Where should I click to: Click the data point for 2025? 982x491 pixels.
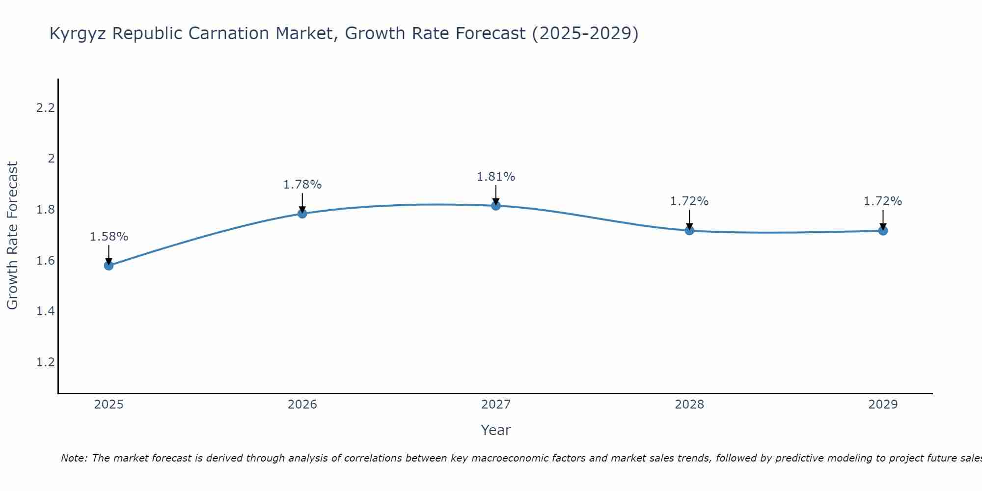(x=109, y=266)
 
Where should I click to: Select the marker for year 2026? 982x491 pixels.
(x=302, y=214)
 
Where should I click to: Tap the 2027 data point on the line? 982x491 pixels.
(x=496, y=206)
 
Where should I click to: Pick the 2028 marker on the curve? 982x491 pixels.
(x=689, y=230)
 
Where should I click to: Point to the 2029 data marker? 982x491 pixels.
(x=883, y=230)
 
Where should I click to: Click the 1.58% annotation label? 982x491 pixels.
(x=109, y=237)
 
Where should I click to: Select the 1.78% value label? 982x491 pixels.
(x=302, y=185)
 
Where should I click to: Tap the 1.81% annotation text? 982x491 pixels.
(x=496, y=177)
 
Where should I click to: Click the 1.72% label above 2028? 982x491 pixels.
(x=689, y=201)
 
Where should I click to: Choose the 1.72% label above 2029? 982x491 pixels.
(x=883, y=201)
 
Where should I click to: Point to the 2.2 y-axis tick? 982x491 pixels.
(x=46, y=108)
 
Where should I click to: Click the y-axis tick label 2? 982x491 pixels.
(x=51, y=159)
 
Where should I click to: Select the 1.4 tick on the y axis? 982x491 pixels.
(x=46, y=311)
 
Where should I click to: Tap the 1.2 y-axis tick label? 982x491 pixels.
(x=46, y=362)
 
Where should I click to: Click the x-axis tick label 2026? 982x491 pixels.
(x=302, y=405)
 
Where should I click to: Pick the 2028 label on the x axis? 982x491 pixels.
(x=689, y=405)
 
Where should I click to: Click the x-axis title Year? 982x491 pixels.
(x=496, y=430)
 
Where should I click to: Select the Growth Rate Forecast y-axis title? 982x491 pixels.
(x=12, y=236)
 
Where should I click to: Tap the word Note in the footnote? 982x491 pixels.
(x=74, y=458)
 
